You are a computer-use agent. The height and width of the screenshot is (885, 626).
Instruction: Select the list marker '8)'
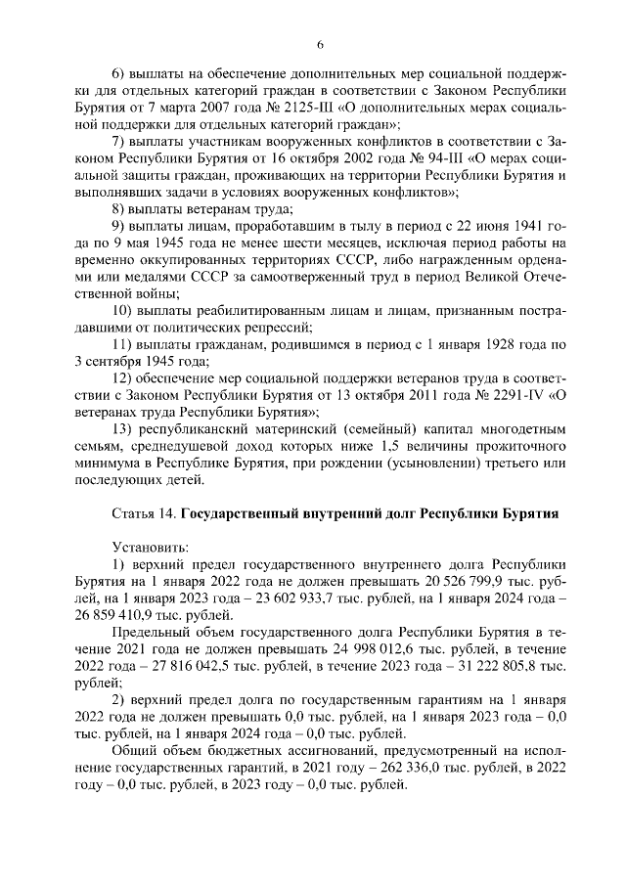pos(120,210)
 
